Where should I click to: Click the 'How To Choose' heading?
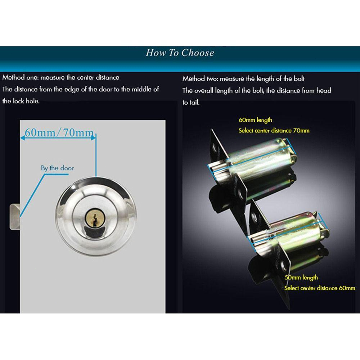[x=180, y=53]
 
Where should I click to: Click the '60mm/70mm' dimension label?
[x=59, y=132]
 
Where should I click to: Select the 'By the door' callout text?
[x=57, y=168]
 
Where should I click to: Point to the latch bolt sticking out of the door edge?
[x=15, y=217]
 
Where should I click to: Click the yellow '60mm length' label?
[x=255, y=120]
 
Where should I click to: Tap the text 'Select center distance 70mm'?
[x=274, y=131]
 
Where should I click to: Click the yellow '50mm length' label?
[x=301, y=278]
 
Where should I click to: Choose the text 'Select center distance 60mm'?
[x=320, y=288]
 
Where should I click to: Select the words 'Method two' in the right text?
[x=200, y=79]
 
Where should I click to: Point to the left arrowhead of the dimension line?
[x=22, y=138]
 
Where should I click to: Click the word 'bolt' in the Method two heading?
[x=299, y=79]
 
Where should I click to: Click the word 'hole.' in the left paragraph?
[x=33, y=101]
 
